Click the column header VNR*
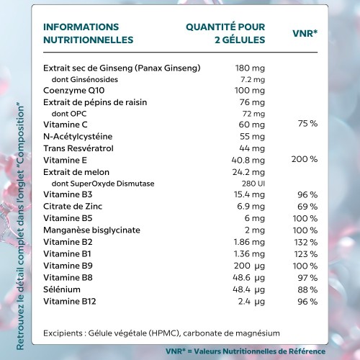(306, 33)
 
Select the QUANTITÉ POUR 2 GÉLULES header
(225, 33)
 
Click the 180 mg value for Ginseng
(250, 68)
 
